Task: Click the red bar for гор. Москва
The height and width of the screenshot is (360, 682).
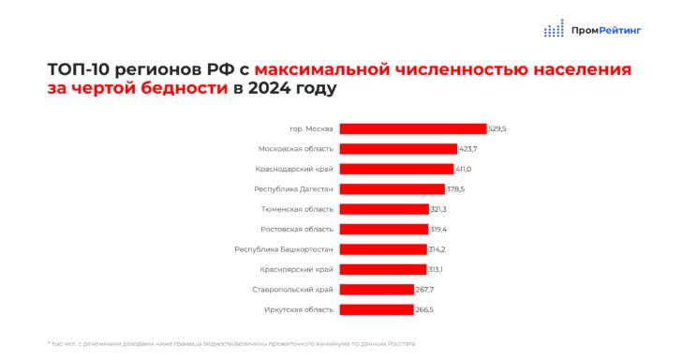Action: pos(412,128)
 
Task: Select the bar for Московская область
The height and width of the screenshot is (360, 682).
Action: pos(398,148)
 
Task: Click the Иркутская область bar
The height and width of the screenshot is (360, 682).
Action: pos(376,309)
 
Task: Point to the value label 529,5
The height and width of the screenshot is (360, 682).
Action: pos(497,128)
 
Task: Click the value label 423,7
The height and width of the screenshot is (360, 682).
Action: pos(467,148)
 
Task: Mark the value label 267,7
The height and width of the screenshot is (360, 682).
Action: pos(425,290)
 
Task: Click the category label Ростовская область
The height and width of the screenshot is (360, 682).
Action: pos(296,229)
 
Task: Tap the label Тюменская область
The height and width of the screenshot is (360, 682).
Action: pos(297,209)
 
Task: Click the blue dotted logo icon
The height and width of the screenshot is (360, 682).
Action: pos(555,29)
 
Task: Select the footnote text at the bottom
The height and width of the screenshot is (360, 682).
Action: pos(230,343)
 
